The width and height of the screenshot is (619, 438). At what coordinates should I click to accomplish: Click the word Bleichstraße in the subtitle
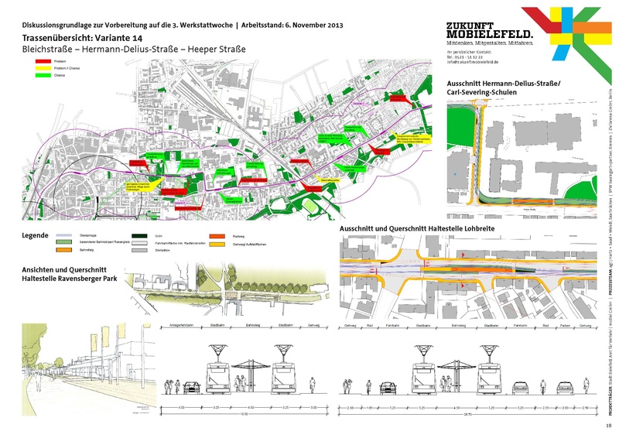(37, 50)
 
